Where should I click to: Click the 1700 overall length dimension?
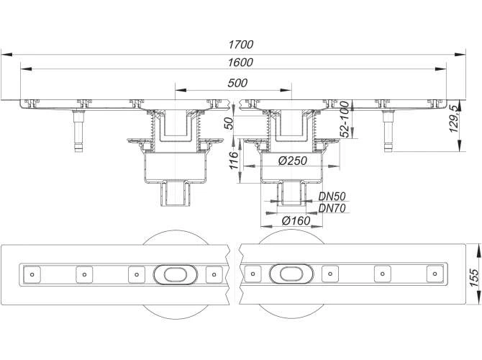pyautogui.click(x=241, y=45)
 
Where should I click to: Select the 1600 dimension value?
pyautogui.click(x=240, y=63)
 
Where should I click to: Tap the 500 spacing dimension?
pyautogui.click(x=237, y=83)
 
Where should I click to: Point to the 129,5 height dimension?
pyautogui.click(x=455, y=119)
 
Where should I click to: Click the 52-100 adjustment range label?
pyautogui.click(x=345, y=120)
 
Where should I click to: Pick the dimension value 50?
pyautogui.click(x=228, y=123)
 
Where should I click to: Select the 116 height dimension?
pyautogui.click(x=234, y=161)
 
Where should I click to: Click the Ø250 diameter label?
pyautogui.click(x=293, y=161)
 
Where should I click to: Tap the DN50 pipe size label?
pyautogui.click(x=332, y=197)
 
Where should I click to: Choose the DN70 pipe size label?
pyautogui.click(x=332, y=208)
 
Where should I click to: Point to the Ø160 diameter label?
pyautogui.click(x=296, y=220)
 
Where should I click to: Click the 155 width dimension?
pyautogui.click(x=474, y=277)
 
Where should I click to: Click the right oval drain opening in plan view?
pyautogui.click(x=291, y=274)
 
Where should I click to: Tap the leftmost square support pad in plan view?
pyautogui.click(x=32, y=274)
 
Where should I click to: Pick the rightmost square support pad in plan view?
pyautogui.click(x=435, y=274)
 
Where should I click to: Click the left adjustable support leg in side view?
pyautogui.click(x=78, y=130)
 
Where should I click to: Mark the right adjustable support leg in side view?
pyautogui.click(x=388, y=130)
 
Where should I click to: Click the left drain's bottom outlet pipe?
pyautogui.click(x=176, y=194)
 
